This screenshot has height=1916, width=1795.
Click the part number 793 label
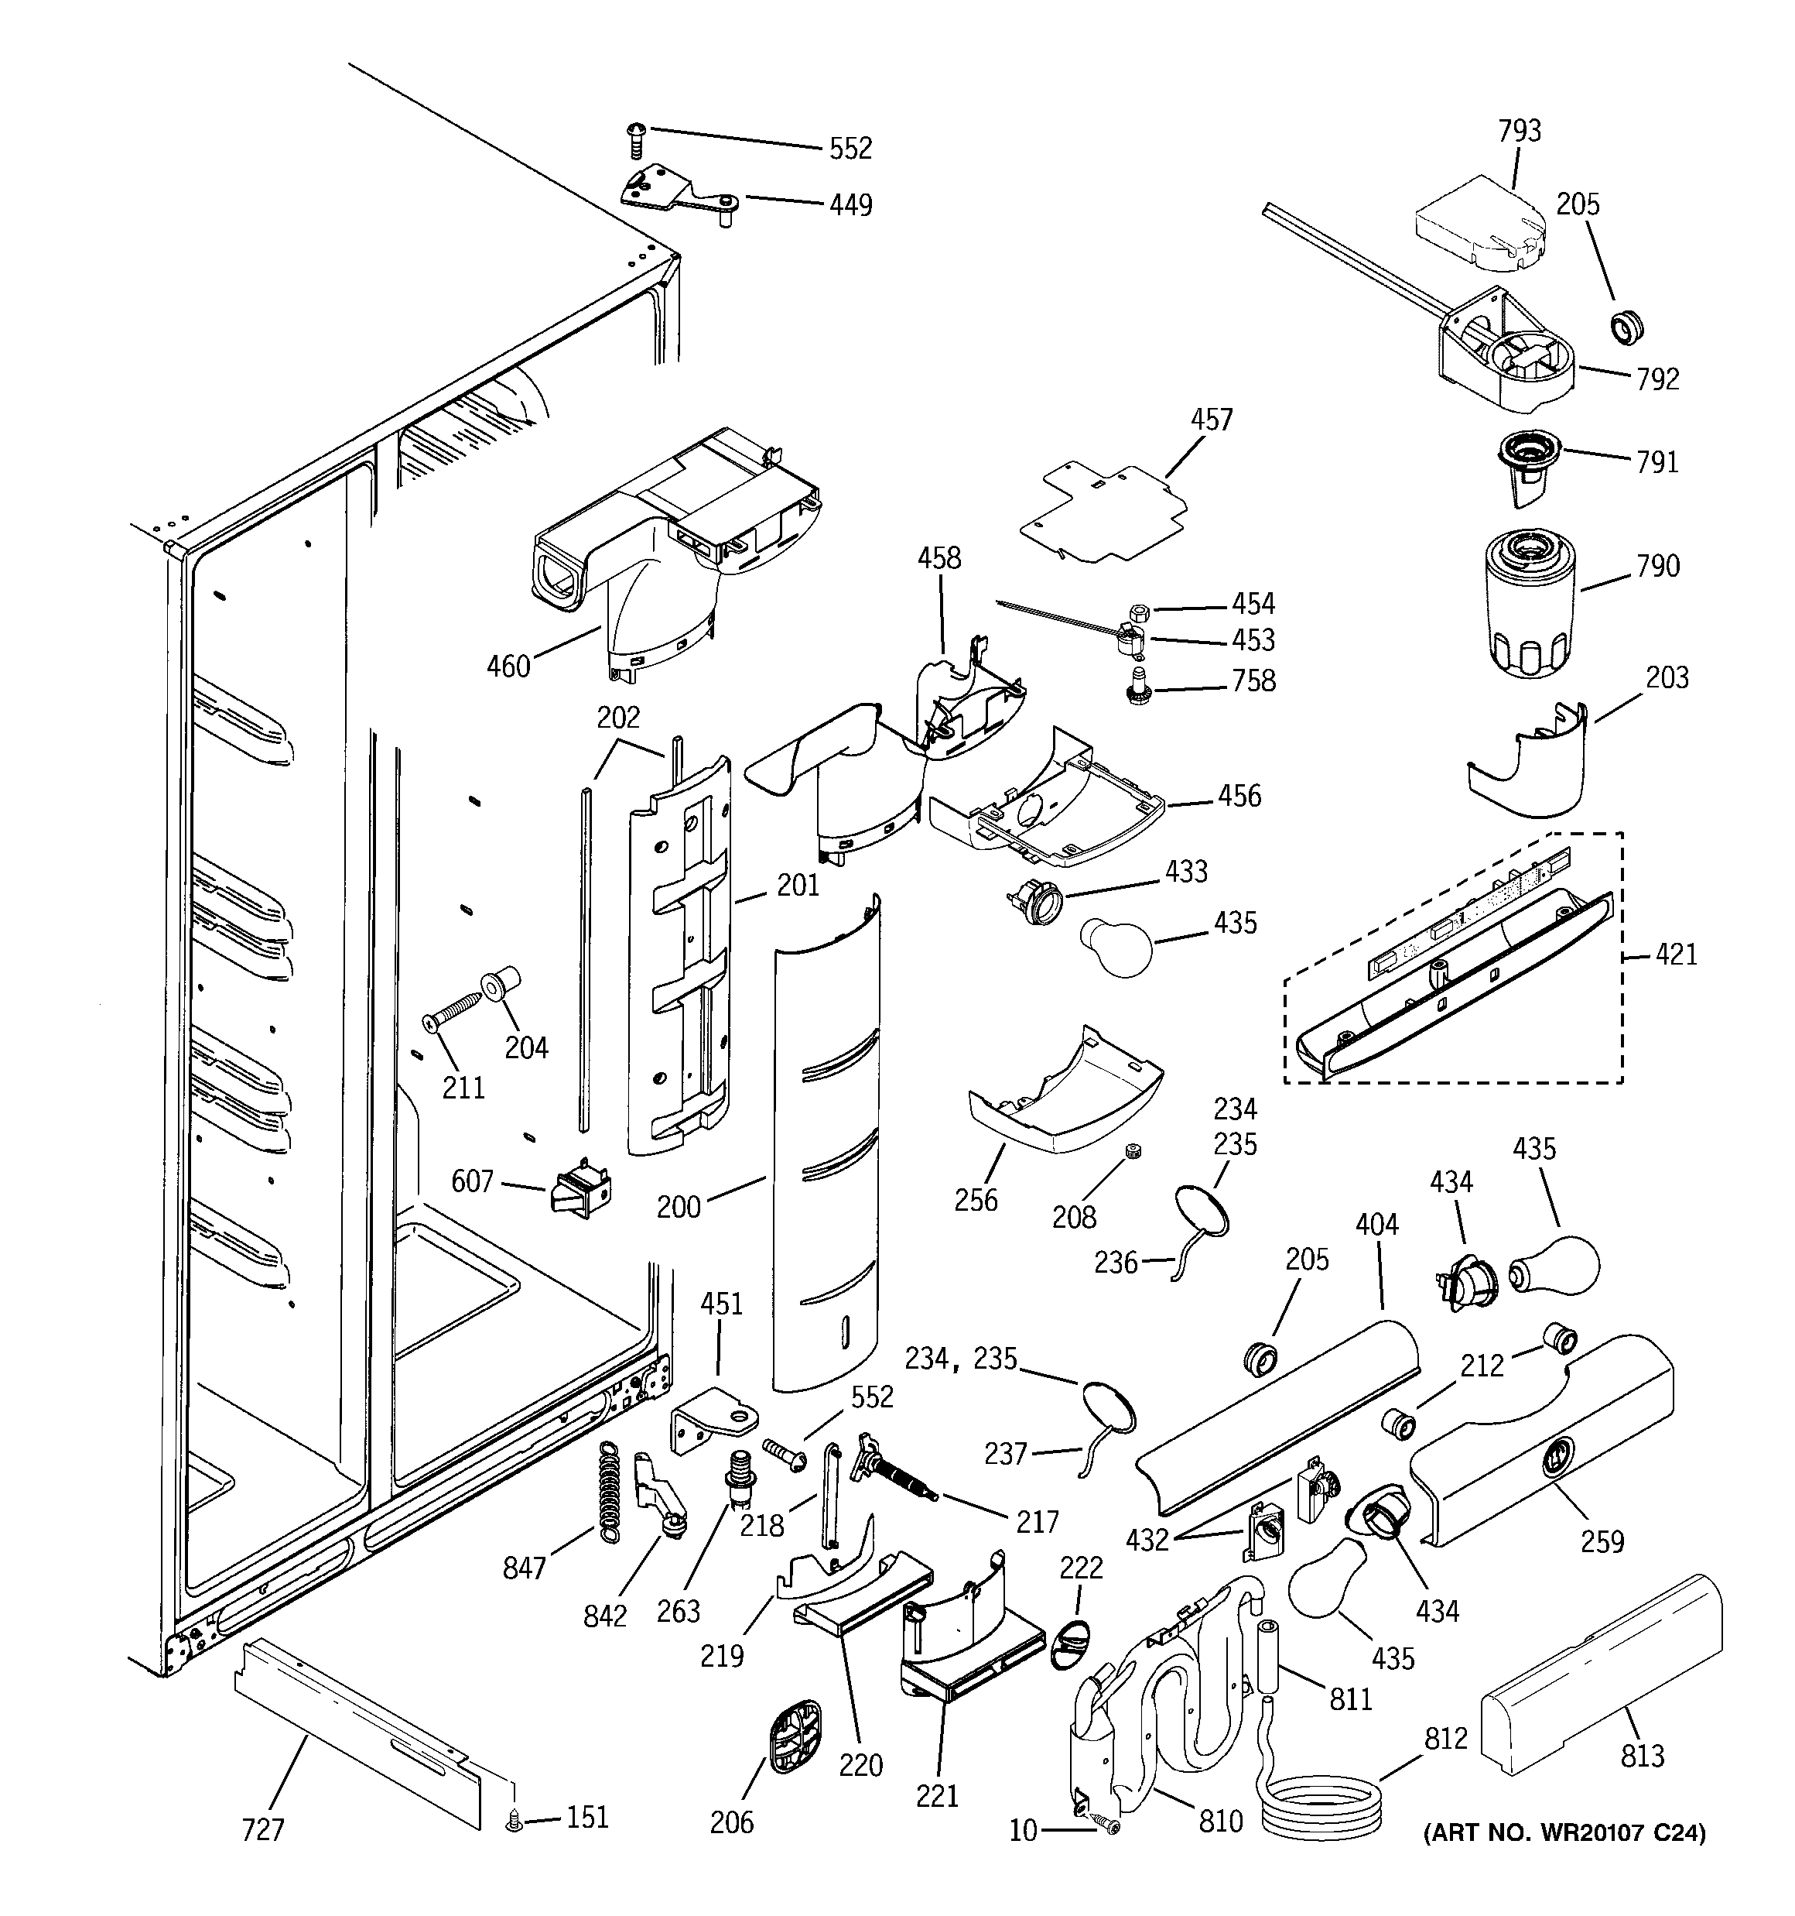pyautogui.click(x=1520, y=131)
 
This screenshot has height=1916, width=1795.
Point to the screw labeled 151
pyautogui.click(x=515, y=1822)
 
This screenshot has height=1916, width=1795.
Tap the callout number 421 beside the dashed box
pyautogui.click(x=1676, y=955)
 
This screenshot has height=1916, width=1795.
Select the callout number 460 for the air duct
pyautogui.click(x=508, y=666)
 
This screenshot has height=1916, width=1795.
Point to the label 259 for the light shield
pyautogui.click(x=1602, y=1542)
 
